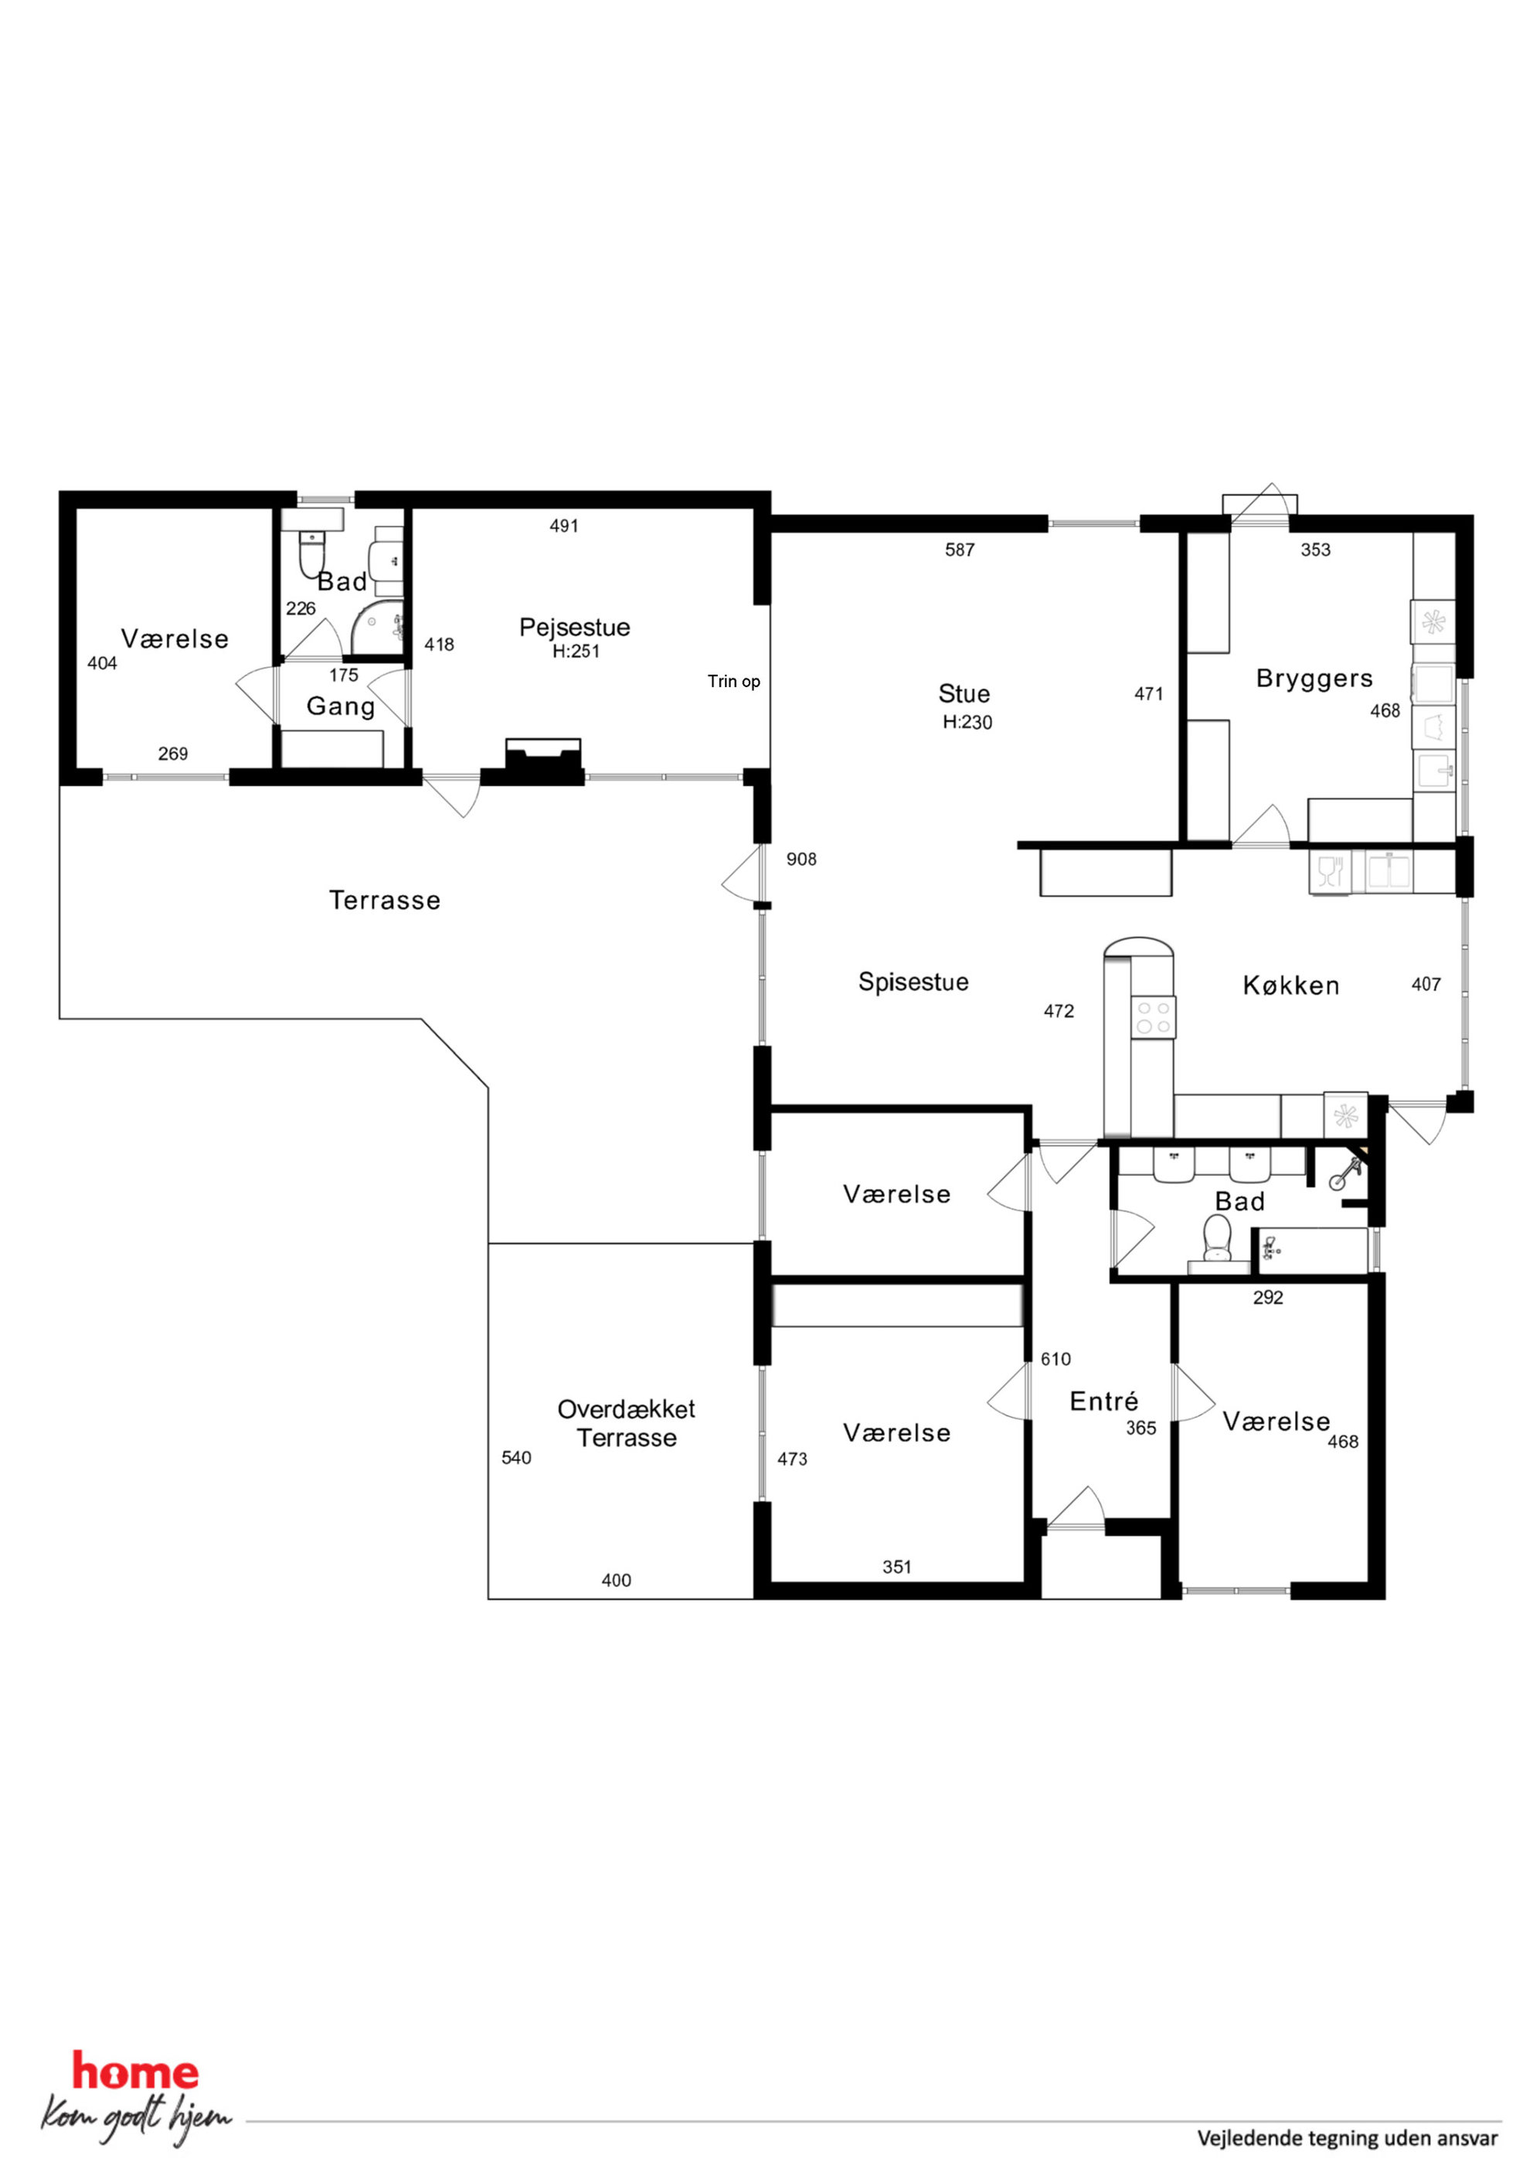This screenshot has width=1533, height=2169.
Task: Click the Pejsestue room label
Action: [x=574, y=627]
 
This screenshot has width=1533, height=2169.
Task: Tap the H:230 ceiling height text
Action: [x=967, y=723]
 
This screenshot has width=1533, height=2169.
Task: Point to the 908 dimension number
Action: [x=801, y=859]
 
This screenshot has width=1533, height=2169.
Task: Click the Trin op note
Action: [x=734, y=681]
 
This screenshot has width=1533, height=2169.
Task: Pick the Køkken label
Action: [x=1291, y=986]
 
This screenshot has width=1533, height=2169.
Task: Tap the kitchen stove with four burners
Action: [x=1154, y=1018]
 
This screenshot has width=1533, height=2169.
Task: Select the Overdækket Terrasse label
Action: [x=626, y=1424]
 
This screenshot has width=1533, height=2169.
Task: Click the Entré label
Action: [x=1103, y=1401]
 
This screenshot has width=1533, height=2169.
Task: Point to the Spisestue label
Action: [x=913, y=982]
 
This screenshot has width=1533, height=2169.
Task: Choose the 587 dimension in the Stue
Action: [x=960, y=550]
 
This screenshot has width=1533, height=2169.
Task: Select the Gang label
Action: [x=341, y=707]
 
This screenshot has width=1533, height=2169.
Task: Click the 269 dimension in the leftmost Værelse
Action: [x=173, y=754]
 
